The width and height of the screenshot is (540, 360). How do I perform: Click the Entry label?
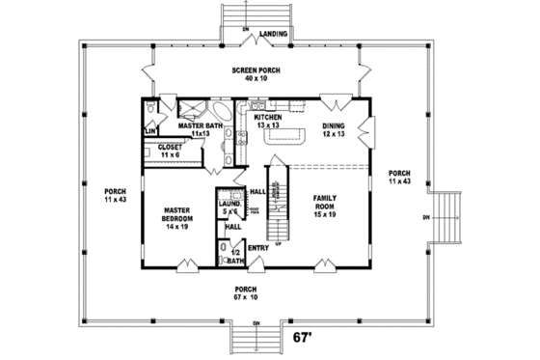click(x=257, y=248)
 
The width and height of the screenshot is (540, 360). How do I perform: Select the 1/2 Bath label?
click(x=235, y=255)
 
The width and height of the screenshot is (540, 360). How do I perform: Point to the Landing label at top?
click(x=274, y=33)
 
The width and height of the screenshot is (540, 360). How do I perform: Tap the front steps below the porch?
click(x=256, y=338)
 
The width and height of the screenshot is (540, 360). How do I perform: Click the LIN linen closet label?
click(x=151, y=130)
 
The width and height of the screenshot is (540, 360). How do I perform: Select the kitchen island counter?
click(x=285, y=138)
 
